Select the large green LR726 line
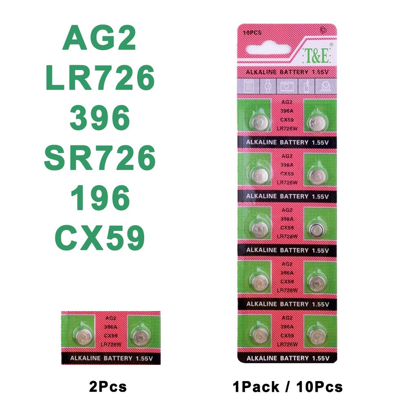[x=100, y=79]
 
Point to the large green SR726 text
[x=100, y=158]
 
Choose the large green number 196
[x=100, y=198]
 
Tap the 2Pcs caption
[x=108, y=386]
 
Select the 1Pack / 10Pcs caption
[x=288, y=386]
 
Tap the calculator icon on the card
[x=249, y=86]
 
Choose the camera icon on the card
[x=287, y=86]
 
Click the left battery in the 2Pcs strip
[x=83, y=336]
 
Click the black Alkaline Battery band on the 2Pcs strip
[x=110, y=358]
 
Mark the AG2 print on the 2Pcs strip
[x=110, y=318]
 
